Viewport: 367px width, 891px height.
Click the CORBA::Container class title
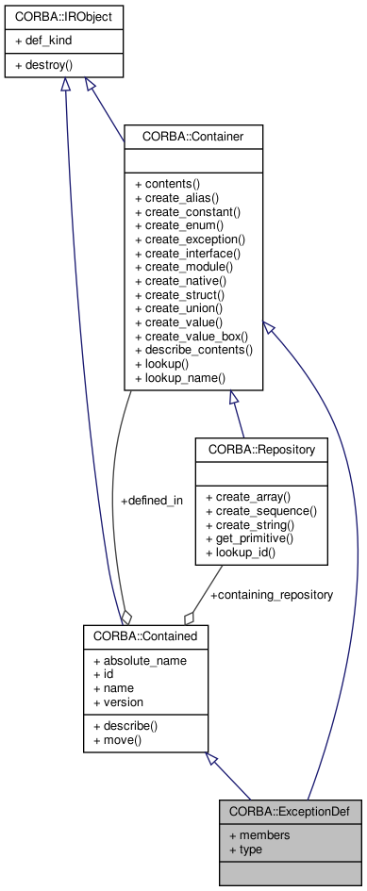(x=193, y=137)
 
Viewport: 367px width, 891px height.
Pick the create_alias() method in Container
(x=177, y=198)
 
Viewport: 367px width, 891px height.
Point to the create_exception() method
(x=190, y=239)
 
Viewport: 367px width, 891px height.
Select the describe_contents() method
(x=193, y=350)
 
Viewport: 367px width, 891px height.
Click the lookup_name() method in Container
(x=180, y=377)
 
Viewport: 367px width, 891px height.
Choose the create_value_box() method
(x=192, y=336)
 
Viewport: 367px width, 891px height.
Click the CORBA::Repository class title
(x=261, y=448)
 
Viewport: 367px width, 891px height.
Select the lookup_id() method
(x=241, y=552)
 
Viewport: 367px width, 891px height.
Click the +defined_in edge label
(x=152, y=501)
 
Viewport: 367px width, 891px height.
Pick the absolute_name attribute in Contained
(x=139, y=660)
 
